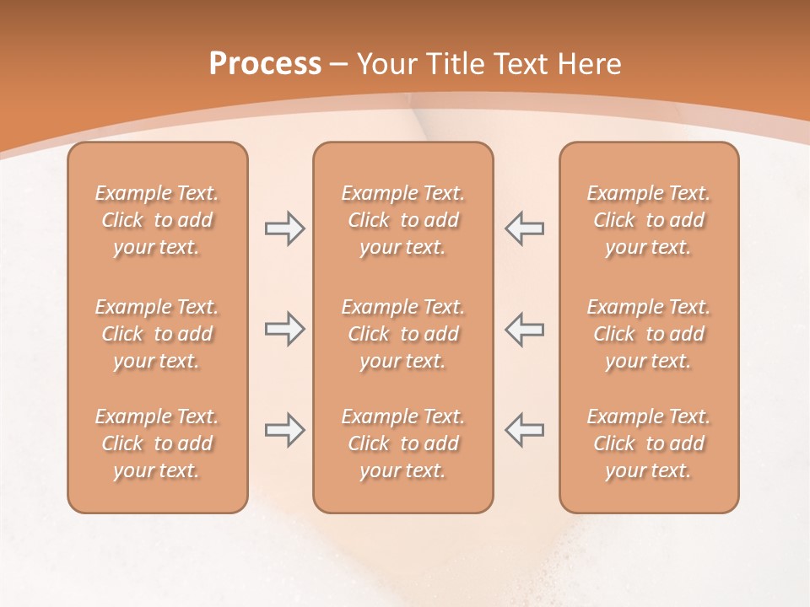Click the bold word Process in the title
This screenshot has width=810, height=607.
coord(265,64)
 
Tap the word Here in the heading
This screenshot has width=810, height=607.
coord(590,64)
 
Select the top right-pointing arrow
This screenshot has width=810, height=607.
coord(284,228)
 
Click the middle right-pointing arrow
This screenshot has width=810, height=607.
coord(284,329)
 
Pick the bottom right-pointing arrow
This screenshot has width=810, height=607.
coord(284,430)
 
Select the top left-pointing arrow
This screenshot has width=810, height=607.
coord(525,228)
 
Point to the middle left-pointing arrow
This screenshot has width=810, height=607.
coord(525,329)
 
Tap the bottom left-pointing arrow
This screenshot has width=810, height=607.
coord(525,430)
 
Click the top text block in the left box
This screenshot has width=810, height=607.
coord(157,220)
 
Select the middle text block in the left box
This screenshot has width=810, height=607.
coord(157,334)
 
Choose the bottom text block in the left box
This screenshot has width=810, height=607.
coord(157,443)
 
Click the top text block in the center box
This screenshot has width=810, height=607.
coord(402,220)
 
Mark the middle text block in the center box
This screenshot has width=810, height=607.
coord(402,334)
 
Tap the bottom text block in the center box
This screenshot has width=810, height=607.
coord(402,443)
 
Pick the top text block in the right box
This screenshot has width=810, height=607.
coord(649,220)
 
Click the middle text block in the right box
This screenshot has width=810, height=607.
coord(649,334)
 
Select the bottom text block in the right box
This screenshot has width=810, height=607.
coord(649,443)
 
